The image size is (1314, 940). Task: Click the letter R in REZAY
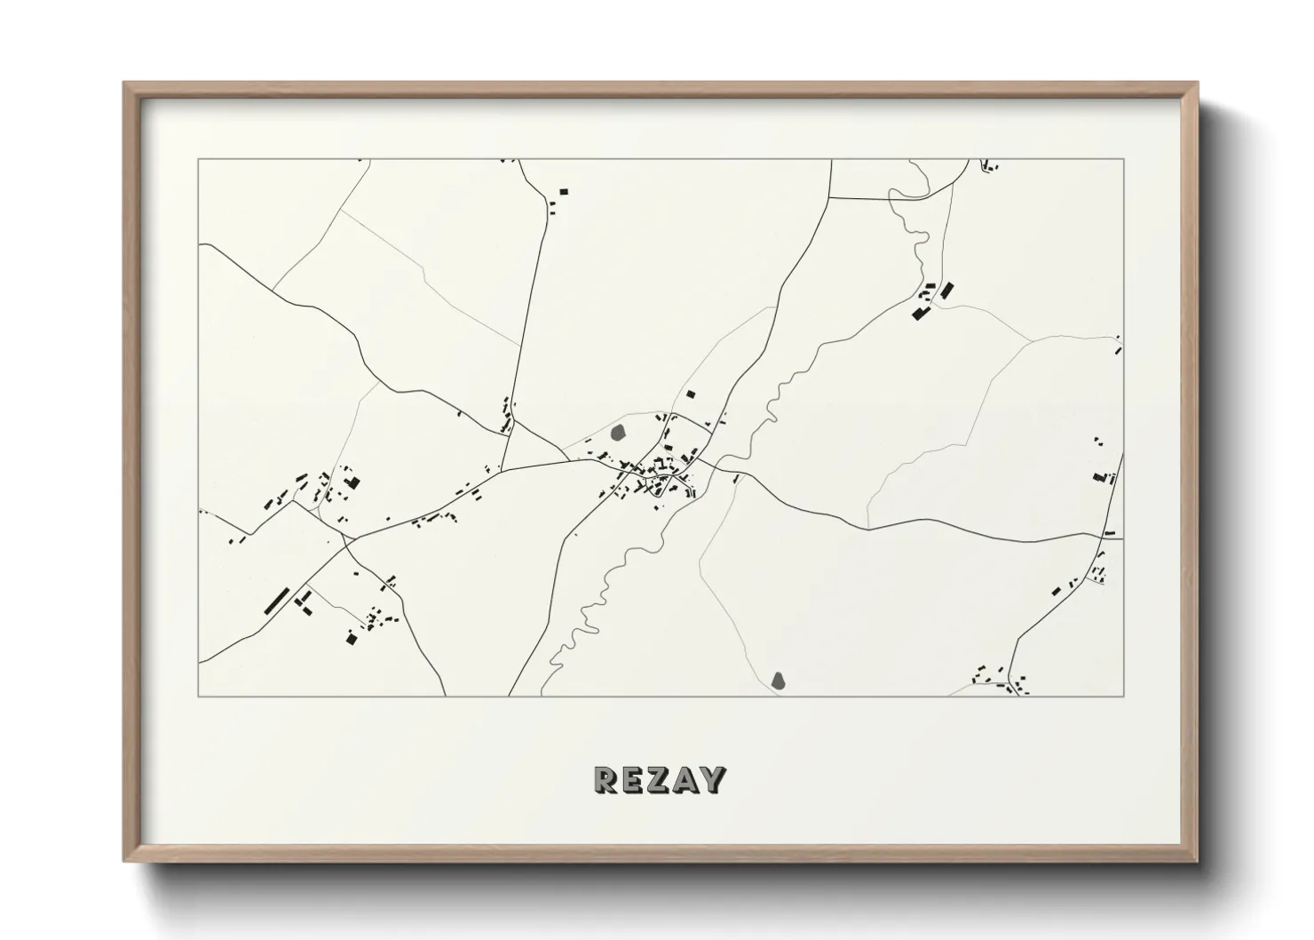coord(606,780)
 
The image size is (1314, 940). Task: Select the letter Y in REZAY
coord(712,780)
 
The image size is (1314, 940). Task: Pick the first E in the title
coord(633,780)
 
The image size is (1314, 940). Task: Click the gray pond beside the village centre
coord(619,434)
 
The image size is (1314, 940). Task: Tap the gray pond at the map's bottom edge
coord(779,681)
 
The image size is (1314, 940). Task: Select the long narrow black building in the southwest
coord(277,601)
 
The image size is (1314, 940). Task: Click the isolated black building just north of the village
coord(691,394)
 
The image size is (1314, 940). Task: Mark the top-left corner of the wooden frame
coord(125,84)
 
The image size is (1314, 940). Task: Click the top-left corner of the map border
coord(199,160)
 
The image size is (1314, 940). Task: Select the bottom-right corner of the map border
coord(1123,696)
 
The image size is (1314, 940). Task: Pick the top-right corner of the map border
coord(1123,160)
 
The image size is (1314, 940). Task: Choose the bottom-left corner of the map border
coord(199,696)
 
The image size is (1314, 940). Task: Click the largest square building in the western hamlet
coord(353,483)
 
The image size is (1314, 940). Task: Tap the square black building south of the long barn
coord(350,638)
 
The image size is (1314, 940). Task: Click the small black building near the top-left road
coord(563,191)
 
